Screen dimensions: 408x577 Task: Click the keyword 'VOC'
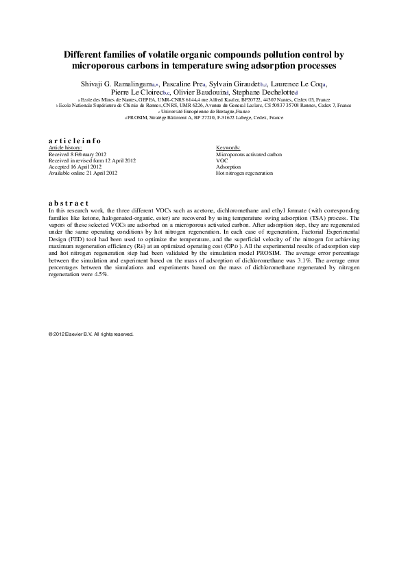coord(221,161)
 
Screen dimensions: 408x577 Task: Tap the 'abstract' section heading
coord(69,203)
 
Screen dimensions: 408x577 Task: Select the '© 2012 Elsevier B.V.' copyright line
coord(91,334)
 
